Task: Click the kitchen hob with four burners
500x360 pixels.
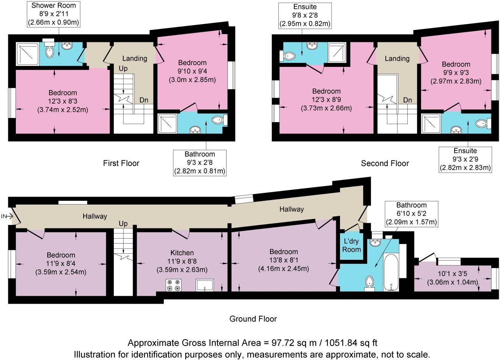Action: coord(173,285)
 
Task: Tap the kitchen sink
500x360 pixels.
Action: coord(205,285)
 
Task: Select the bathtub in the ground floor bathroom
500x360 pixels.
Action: coord(391,272)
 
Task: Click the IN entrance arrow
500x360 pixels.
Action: coord(7,216)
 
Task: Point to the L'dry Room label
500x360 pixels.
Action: coord(351,245)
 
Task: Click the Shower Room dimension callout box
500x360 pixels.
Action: coord(54,14)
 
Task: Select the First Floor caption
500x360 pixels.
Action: coord(121,163)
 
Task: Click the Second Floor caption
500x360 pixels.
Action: coord(385,163)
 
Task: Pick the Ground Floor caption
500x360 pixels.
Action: coord(253,319)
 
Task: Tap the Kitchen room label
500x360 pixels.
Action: coord(182,253)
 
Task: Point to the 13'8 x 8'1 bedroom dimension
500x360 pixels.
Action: coord(284,260)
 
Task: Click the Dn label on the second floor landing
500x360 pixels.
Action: coord(408,100)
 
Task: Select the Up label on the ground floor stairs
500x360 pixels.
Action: coord(123,223)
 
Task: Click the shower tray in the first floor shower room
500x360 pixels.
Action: coord(28,54)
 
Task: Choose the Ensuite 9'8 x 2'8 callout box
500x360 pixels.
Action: coord(305,16)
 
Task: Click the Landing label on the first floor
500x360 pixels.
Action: coord(135,59)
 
